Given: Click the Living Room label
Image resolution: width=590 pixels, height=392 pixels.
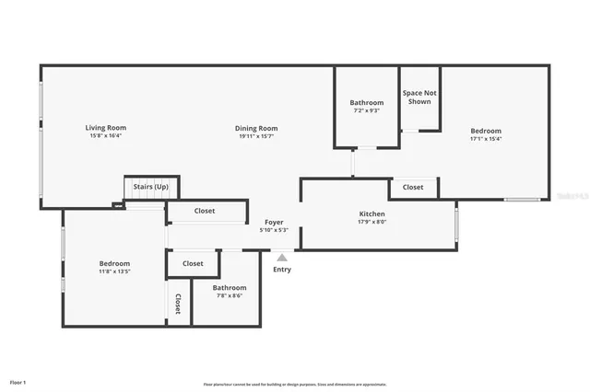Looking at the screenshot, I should pyautogui.click(x=106, y=127).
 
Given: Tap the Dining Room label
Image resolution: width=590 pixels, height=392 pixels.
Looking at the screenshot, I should pyautogui.click(x=255, y=128).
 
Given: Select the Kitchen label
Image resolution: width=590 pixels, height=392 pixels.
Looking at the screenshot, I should pyautogui.click(x=372, y=213).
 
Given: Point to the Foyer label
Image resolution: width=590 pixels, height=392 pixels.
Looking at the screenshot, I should pyautogui.click(x=274, y=222).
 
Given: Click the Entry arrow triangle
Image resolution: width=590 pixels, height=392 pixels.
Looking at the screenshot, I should pyautogui.click(x=282, y=258).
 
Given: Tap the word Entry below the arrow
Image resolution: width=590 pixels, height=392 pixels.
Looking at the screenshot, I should pyautogui.click(x=282, y=270).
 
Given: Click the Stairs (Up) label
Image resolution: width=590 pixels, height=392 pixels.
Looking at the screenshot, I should pyautogui.click(x=151, y=186).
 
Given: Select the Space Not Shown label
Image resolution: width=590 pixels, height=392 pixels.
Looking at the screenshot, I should pyautogui.click(x=419, y=98).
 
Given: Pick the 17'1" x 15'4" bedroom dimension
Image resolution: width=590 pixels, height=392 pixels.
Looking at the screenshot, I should pyautogui.click(x=485, y=140).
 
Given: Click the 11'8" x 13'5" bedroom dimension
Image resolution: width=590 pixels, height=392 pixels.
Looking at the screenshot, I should pyautogui.click(x=115, y=271).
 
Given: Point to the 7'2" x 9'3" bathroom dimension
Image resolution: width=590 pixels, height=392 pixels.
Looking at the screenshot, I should pyautogui.click(x=366, y=110).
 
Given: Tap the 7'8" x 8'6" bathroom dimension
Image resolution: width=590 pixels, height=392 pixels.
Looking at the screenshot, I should pyautogui.click(x=230, y=295).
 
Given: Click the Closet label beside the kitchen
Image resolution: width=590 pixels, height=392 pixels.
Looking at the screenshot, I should pyautogui.click(x=413, y=187).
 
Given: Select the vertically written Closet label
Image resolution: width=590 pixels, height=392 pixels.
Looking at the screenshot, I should pyautogui.click(x=178, y=305).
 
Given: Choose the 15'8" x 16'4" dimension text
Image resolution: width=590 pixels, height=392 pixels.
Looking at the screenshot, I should pyautogui.click(x=106, y=135).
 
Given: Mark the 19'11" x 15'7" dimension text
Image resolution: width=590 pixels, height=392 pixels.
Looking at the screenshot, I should pyautogui.click(x=255, y=136).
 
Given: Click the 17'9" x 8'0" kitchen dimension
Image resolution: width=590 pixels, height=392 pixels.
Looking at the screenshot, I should pyautogui.click(x=372, y=222).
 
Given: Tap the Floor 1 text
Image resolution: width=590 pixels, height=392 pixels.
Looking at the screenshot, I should pyautogui.click(x=18, y=382).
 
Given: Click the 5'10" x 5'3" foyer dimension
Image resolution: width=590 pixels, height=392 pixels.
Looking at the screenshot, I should pyautogui.click(x=274, y=230).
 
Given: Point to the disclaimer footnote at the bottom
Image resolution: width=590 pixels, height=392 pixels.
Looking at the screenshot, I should pyautogui.click(x=294, y=385).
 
